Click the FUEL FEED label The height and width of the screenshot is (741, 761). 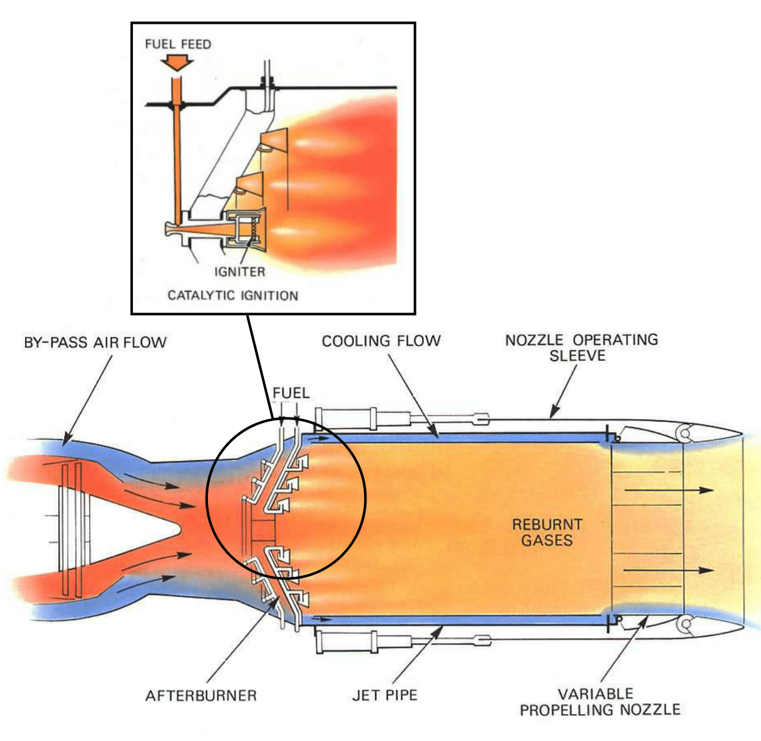pos(178,45)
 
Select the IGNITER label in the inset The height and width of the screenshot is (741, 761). pos(240,272)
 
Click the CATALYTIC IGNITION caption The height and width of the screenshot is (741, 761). pos(233,295)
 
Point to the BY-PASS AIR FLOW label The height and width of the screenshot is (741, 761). pos(95,342)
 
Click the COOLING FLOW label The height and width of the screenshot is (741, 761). pos(381,341)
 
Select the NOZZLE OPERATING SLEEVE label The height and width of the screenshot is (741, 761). pos(581,347)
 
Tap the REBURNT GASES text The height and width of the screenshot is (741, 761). pos(547,532)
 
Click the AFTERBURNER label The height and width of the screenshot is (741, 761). pos(201,695)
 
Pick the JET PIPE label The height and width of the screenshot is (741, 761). pos(385,695)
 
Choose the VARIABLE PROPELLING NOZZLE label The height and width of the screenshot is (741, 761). pos(600,702)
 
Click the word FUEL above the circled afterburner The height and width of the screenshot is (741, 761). pos(291,392)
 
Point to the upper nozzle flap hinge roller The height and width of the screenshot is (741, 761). pos(684,434)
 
